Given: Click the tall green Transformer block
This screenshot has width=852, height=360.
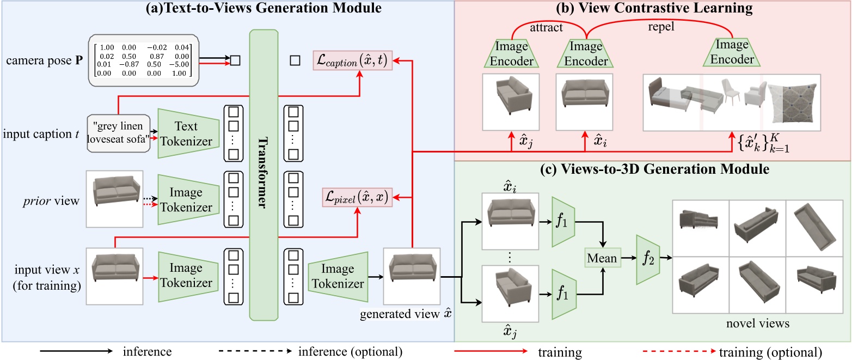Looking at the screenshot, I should [x=263, y=174].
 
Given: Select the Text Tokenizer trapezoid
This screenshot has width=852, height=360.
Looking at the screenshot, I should [x=186, y=133].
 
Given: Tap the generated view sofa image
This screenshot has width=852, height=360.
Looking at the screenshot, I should [x=411, y=276].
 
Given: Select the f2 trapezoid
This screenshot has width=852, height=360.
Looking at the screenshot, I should [x=646, y=258].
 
